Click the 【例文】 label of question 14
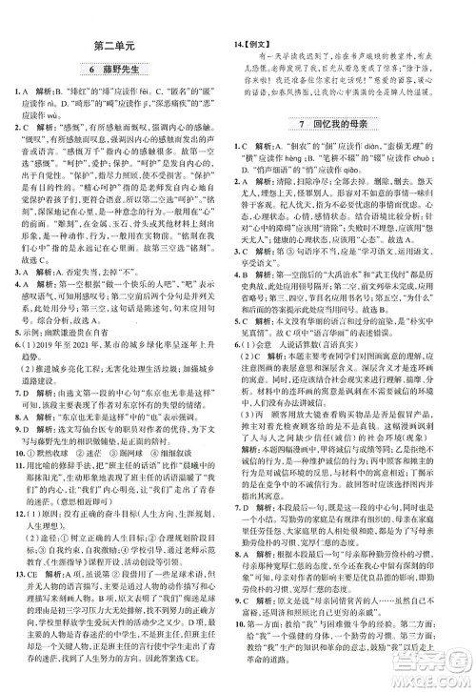pyautogui.click(x=270, y=45)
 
